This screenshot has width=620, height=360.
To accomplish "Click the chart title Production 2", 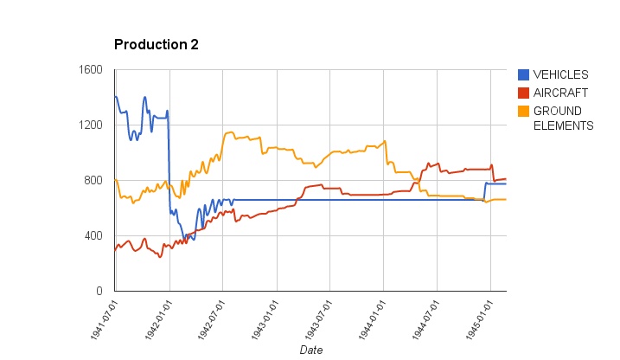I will tap(157, 44).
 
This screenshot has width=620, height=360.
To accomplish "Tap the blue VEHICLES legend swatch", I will tap(523, 74).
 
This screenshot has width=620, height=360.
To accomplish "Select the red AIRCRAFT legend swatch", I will tap(523, 93).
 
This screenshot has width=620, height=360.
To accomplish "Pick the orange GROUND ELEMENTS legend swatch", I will tap(523, 111).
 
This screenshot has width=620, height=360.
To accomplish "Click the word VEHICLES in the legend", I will tap(560, 74).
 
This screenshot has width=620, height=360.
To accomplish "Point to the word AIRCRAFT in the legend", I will tap(560, 93).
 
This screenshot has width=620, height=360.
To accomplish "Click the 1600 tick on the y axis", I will tap(91, 70).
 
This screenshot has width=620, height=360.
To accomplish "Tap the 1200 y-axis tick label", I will tap(91, 125).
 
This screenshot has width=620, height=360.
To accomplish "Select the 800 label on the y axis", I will tap(93, 181).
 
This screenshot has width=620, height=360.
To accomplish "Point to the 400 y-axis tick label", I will tap(93, 236).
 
